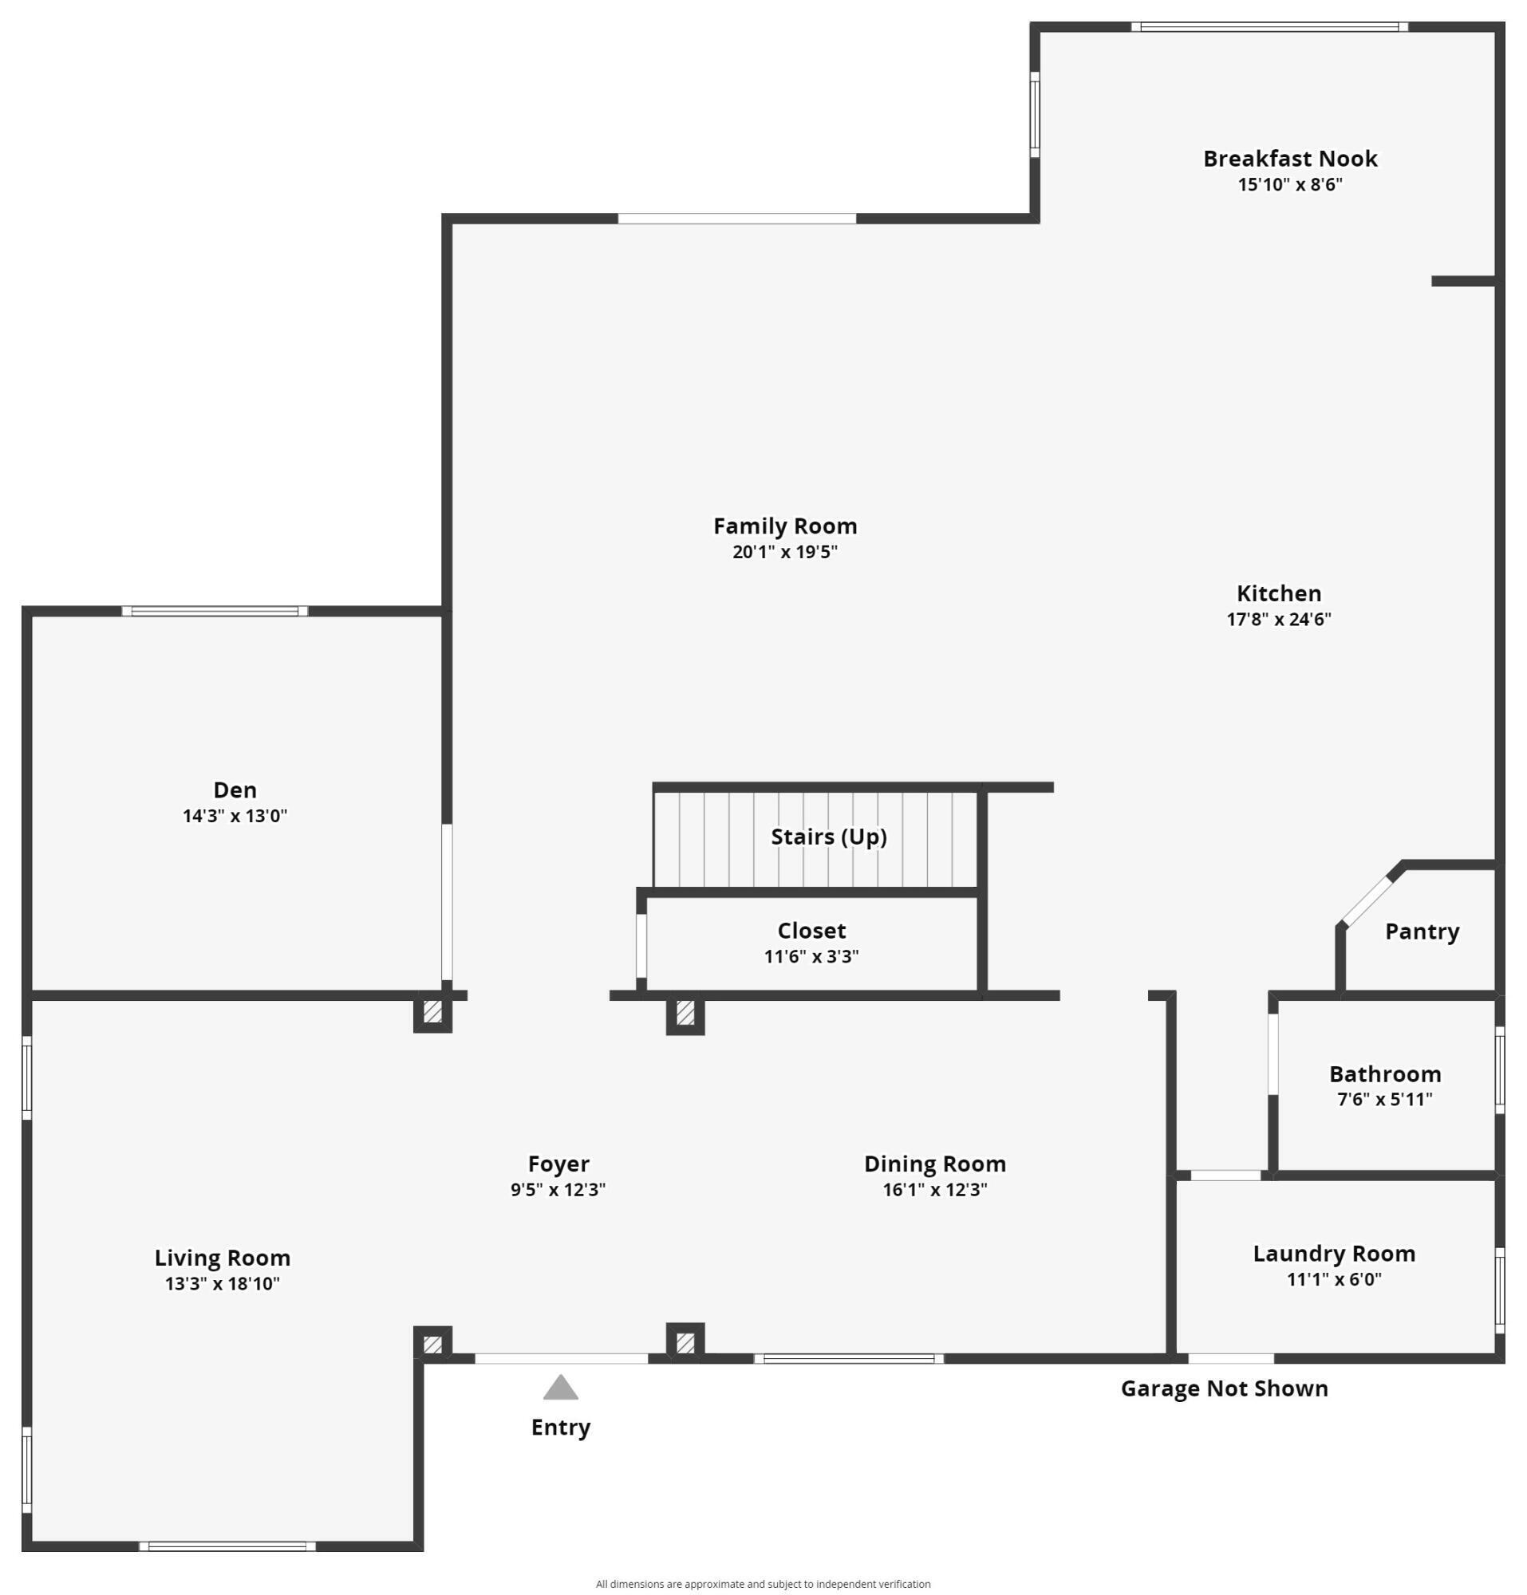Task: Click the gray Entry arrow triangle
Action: point(560,1388)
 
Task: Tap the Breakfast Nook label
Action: point(1289,159)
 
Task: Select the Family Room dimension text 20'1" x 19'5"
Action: point(785,552)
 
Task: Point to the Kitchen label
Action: point(1279,593)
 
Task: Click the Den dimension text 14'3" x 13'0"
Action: point(235,815)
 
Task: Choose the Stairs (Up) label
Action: point(829,837)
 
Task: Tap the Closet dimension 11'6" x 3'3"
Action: point(811,956)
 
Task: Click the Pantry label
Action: point(1421,931)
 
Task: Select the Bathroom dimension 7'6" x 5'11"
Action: point(1384,1100)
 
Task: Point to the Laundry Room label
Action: point(1333,1253)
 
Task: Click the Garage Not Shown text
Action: point(1223,1388)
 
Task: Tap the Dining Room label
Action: point(934,1164)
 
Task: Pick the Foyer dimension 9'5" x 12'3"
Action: point(558,1190)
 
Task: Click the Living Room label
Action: point(223,1258)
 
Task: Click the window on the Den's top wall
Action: point(215,611)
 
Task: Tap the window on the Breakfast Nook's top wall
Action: point(1269,27)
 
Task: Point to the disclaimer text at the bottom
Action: point(763,1584)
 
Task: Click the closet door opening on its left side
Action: point(641,946)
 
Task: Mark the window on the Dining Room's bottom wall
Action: point(849,1358)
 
